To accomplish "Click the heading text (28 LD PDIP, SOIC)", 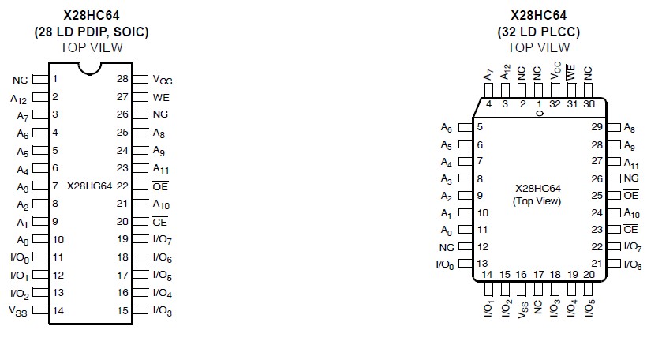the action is point(92,32).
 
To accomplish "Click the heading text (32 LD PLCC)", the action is point(538,32).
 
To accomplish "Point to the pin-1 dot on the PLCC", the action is point(540,113).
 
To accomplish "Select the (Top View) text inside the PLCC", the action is point(537,201).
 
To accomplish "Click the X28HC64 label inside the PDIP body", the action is point(90,186).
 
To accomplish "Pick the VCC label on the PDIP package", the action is point(163,80).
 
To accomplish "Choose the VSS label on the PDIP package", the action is point(17,311).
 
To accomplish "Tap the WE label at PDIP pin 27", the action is point(161,97).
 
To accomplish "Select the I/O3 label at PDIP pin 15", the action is point(163,311).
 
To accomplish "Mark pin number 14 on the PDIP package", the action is point(58,310).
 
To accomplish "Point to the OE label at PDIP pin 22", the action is point(160,186).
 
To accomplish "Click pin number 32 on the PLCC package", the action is point(555,103).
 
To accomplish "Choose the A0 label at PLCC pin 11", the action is point(447,230).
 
